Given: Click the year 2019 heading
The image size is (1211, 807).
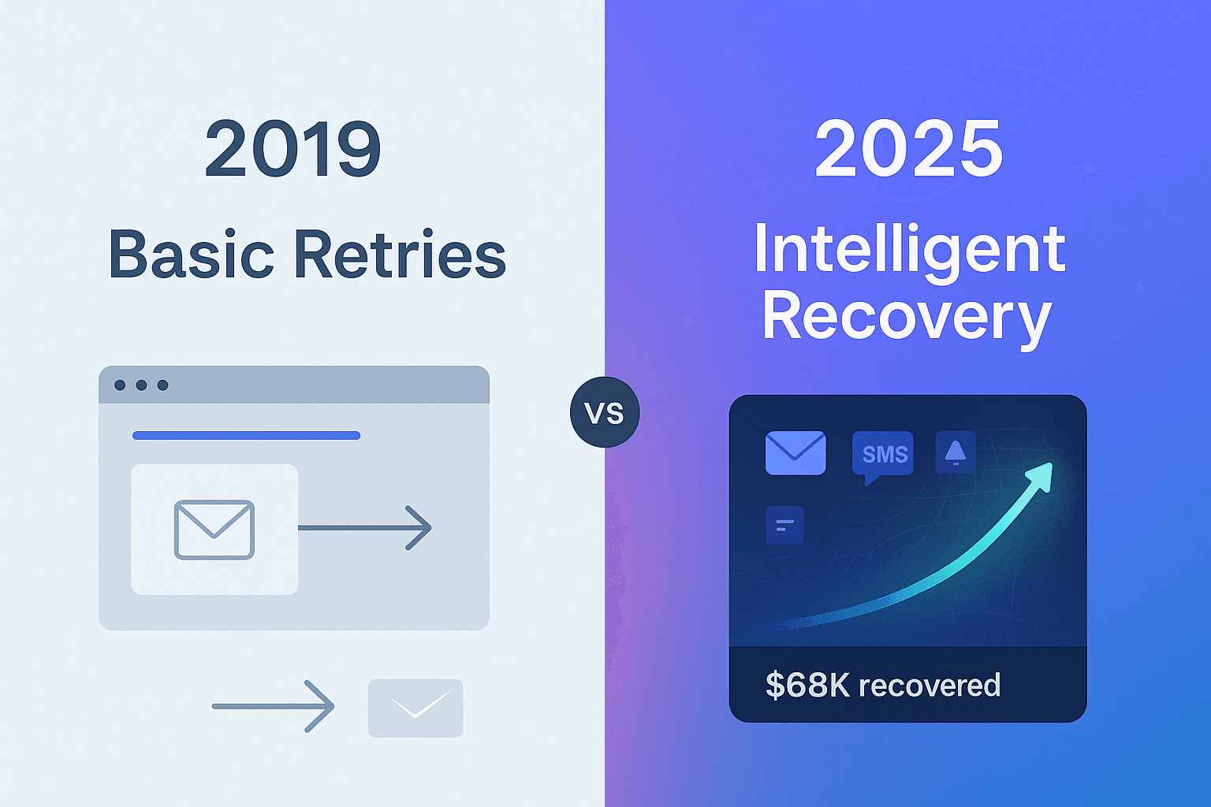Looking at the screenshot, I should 293,149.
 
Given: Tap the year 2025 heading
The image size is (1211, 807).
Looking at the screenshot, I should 908,149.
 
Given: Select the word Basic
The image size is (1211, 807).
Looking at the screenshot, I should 192,255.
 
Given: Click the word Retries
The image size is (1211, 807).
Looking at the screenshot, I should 400,255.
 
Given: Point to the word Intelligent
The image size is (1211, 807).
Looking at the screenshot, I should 910,249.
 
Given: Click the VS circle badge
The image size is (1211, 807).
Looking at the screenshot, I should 605,412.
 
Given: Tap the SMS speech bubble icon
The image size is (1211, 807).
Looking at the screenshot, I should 884,456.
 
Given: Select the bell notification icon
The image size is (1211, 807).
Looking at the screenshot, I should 956,452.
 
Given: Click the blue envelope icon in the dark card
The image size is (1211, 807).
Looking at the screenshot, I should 796,452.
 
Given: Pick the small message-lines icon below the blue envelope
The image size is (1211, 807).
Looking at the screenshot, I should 784,525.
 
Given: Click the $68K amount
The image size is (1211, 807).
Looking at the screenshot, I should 807,686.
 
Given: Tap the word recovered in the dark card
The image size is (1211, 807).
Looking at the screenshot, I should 930,686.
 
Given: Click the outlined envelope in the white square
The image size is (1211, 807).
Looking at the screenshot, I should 214,530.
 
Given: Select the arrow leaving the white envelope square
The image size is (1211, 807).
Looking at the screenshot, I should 364,527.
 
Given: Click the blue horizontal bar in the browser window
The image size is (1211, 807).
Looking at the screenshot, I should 246,435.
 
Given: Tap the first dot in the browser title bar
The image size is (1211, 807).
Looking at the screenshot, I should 120,385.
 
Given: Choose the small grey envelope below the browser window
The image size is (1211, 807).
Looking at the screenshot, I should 415,708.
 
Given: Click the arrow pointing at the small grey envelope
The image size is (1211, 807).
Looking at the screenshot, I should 273,706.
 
